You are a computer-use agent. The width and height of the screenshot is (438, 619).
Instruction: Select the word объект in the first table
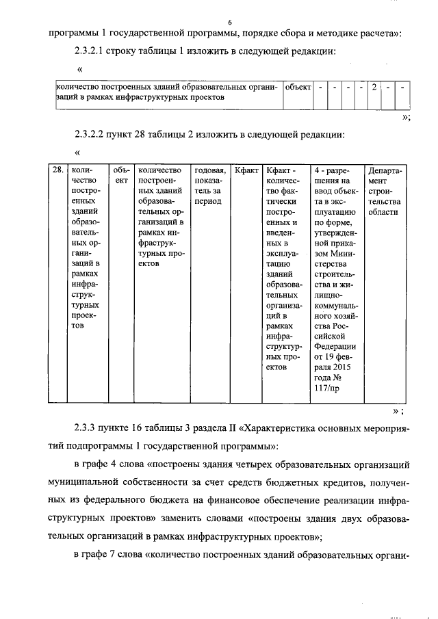click(x=298, y=88)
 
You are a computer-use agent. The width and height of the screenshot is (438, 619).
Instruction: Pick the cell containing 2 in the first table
click(x=374, y=88)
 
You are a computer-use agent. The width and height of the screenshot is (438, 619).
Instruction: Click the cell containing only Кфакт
click(x=246, y=170)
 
